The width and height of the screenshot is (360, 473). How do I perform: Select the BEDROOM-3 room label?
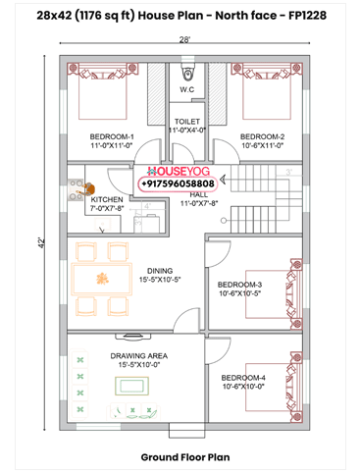[x=238, y=285]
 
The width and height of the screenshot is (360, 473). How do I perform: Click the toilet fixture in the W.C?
[x=186, y=72]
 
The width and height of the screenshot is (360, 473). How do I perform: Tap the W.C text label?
[x=186, y=91]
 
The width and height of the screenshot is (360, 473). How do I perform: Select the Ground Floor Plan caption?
[x=180, y=457]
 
